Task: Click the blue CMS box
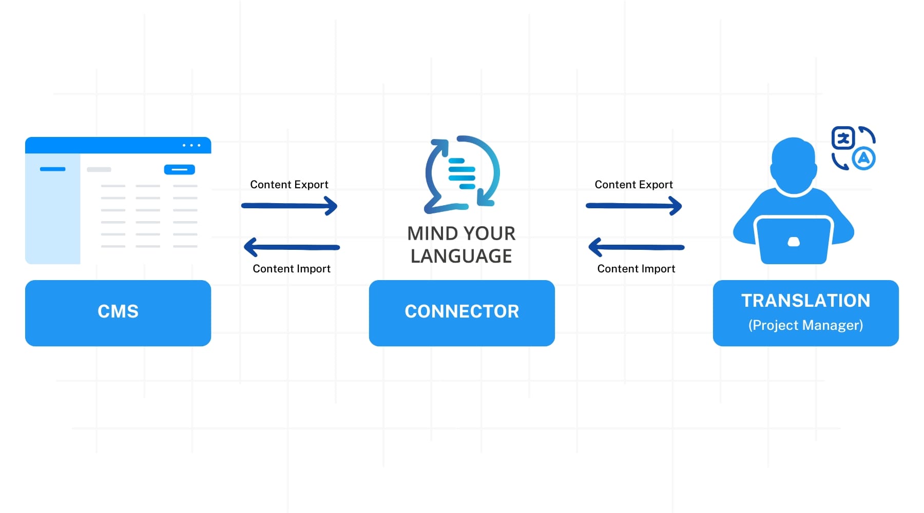[x=118, y=313]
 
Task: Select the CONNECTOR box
[x=462, y=313]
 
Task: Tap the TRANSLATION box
[x=806, y=313]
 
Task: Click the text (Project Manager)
[x=806, y=325]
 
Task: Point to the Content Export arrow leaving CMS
[x=290, y=206]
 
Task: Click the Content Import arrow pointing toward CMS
[x=292, y=247]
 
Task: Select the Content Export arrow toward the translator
[x=634, y=206]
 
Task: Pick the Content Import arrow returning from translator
[x=637, y=247]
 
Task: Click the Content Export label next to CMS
[x=290, y=185]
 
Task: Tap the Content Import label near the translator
[x=637, y=269]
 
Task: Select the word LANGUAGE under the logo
[x=461, y=256]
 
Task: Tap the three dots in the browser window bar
[x=191, y=145]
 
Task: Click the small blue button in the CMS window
[x=180, y=169]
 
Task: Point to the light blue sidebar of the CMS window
[x=53, y=209]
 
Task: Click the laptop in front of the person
[x=794, y=240]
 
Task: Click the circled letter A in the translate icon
[x=864, y=159]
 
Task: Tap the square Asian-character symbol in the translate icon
[x=843, y=137]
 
